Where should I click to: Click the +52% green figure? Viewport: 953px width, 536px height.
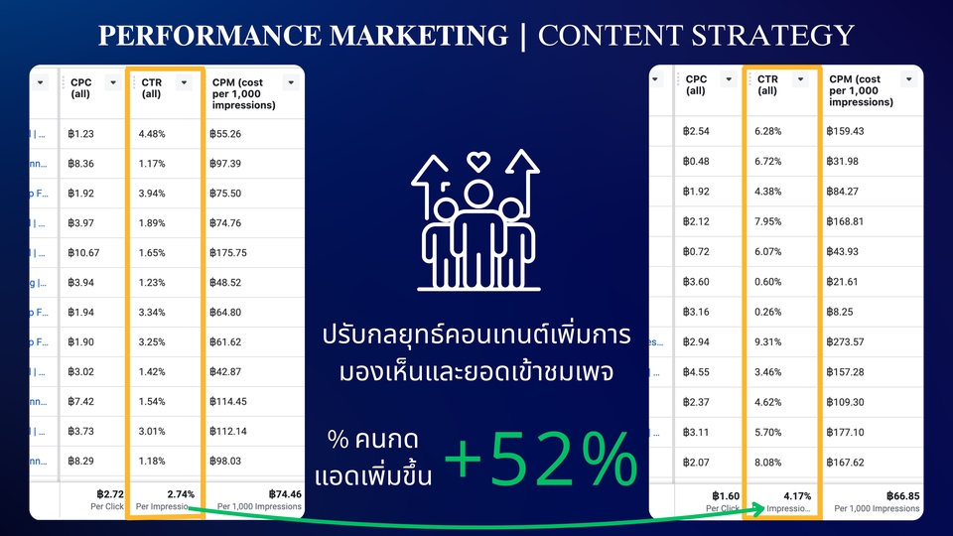click(x=540, y=460)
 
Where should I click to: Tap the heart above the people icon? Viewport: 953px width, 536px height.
click(x=479, y=159)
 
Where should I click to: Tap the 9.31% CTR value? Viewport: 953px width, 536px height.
click(x=769, y=342)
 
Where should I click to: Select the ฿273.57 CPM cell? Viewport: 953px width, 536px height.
click(x=853, y=342)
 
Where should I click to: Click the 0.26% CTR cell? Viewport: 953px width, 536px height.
click(x=769, y=313)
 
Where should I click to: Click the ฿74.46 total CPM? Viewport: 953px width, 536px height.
click(x=285, y=493)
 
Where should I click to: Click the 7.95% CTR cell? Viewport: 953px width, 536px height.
click(x=769, y=221)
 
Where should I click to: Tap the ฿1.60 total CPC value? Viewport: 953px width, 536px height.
click(x=728, y=495)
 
